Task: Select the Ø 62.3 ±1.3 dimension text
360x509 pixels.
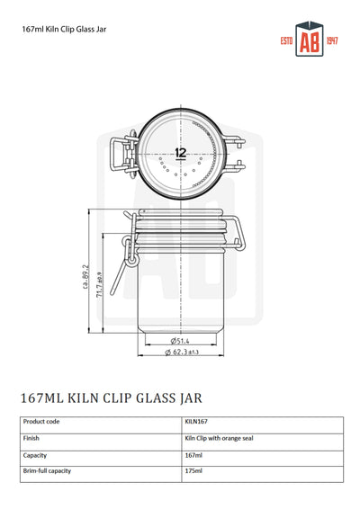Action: pos(183,353)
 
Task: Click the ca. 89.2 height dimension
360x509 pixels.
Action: pos(85,279)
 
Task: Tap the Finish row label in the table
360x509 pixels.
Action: pos(31,439)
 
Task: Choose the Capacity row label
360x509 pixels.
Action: pos(35,455)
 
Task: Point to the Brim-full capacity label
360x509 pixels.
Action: pos(47,471)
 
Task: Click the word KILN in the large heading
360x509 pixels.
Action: pos(96,397)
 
